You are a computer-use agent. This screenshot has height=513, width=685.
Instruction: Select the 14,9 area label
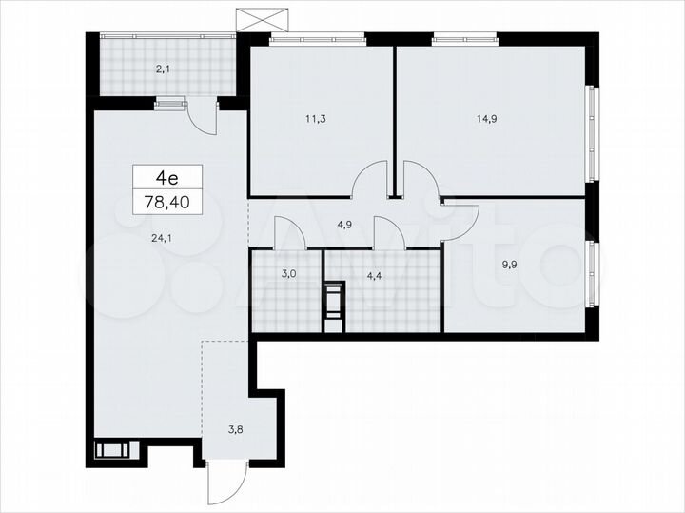(486, 119)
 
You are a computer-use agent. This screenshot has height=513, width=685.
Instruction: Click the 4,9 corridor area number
(345, 226)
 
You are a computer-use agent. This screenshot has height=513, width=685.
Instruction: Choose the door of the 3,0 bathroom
(288, 232)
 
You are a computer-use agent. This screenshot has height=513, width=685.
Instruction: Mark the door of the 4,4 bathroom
(389, 232)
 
